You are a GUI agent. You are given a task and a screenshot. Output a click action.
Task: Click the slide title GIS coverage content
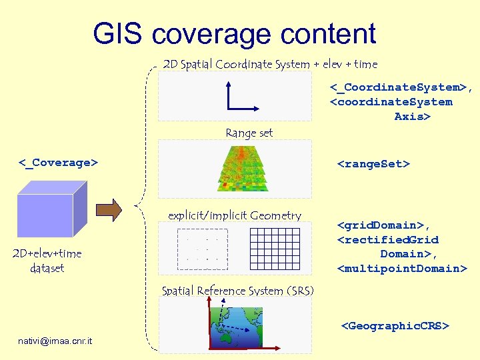click(x=235, y=34)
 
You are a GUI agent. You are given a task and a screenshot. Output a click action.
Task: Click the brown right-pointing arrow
click(x=109, y=209)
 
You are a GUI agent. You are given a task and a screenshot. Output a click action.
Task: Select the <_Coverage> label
click(x=58, y=162)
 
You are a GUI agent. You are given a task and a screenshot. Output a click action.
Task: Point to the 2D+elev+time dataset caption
click(x=47, y=261)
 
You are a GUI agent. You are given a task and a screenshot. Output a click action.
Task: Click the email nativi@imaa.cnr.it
click(x=56, y=341)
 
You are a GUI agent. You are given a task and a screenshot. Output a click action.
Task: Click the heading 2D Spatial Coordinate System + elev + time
click(x=270, y=65)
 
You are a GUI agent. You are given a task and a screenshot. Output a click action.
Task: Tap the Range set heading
click(x=249, y=133)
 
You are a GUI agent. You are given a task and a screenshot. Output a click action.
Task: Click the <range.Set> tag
click(x=373, y=163)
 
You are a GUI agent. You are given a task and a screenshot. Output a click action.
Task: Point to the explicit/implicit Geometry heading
click(x=235, y=215)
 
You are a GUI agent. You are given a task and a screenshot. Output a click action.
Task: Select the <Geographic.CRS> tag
click(x=395, y=326)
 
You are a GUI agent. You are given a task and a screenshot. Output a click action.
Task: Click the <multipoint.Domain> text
click(x=402, y=269)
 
